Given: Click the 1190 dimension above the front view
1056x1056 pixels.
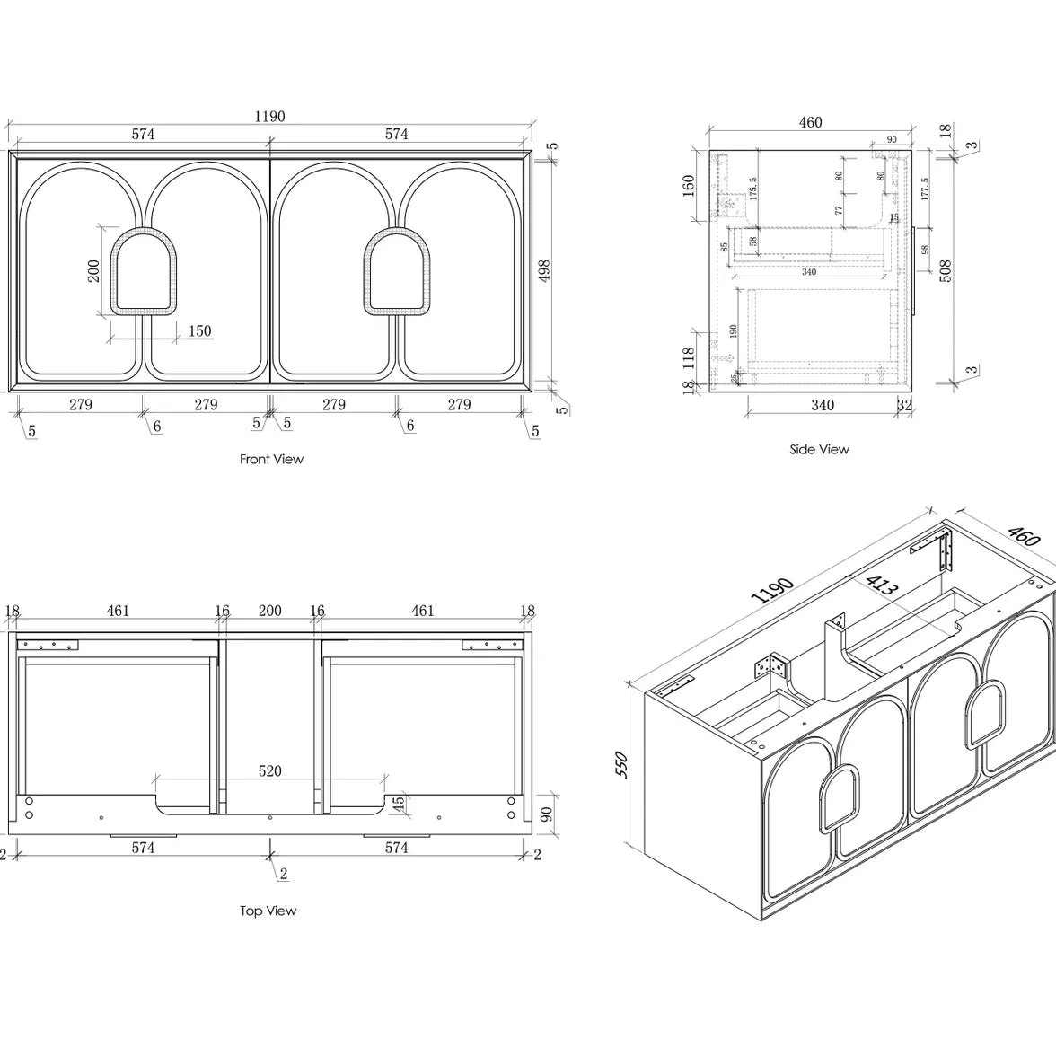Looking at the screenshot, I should point(269,116).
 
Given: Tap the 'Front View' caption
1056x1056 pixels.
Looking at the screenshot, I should point(271,459).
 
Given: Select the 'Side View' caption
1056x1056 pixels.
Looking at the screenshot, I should point(819,449).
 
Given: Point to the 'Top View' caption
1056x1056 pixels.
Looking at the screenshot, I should point(268,911).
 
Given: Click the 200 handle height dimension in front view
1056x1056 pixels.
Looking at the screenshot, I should point(94,270).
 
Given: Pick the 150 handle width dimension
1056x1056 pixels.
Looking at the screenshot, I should point(199,330).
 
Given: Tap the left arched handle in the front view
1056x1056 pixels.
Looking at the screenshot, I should point(144,272).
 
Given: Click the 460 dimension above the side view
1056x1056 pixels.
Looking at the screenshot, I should point(810,122).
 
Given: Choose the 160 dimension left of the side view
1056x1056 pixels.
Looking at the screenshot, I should point(689,186).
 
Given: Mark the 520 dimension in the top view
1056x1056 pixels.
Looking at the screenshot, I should point(269,770).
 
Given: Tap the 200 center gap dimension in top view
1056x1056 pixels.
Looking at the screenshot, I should point(269,611).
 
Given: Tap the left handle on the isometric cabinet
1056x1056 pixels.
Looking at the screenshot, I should point(837,797).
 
